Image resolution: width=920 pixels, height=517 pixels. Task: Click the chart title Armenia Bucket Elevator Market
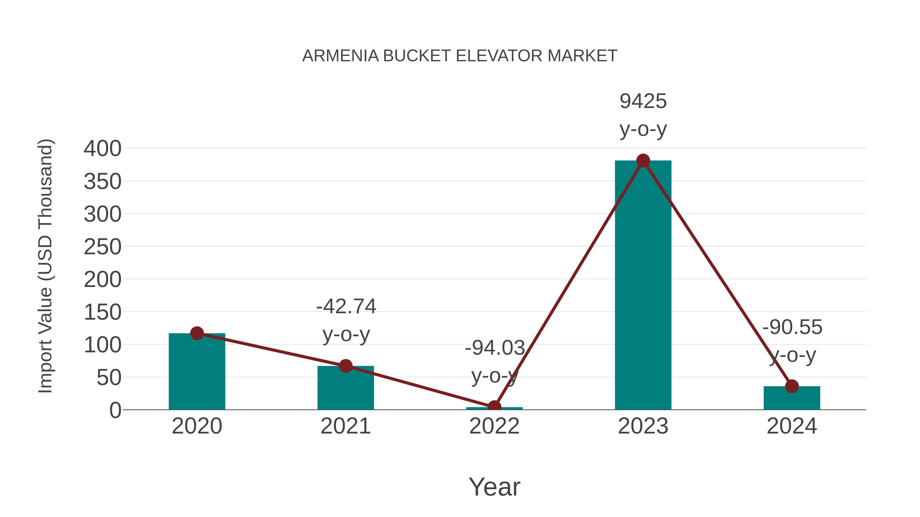tap(460, 56)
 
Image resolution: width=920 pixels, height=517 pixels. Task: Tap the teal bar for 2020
tap(197, 375)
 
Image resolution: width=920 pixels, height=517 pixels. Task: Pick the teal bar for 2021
tap(345, 391)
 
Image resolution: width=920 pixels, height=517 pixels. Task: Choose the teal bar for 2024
tap(792, 399)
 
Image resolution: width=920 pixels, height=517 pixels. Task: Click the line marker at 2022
tap(494, 406)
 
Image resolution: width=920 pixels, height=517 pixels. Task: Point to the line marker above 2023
tap(643, 161)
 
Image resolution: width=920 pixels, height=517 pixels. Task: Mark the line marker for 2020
tap(197, 333)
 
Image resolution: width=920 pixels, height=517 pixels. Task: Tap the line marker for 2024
tap(792, 386)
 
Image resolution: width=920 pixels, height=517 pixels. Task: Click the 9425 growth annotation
tap(643, 101)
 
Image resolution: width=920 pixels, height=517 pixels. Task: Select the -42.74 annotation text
tap(346, 306)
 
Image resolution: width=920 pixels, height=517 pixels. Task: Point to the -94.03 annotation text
tap(495, 348)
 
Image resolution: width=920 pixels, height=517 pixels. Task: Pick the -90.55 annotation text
tap(792, 327)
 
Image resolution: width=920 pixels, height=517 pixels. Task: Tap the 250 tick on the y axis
tap(102, 247)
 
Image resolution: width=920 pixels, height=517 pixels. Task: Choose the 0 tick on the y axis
tap(115, 410)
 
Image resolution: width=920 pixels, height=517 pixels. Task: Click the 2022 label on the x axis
tap(494, 426)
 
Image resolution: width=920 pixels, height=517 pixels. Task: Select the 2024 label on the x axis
tap(792, 426)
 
